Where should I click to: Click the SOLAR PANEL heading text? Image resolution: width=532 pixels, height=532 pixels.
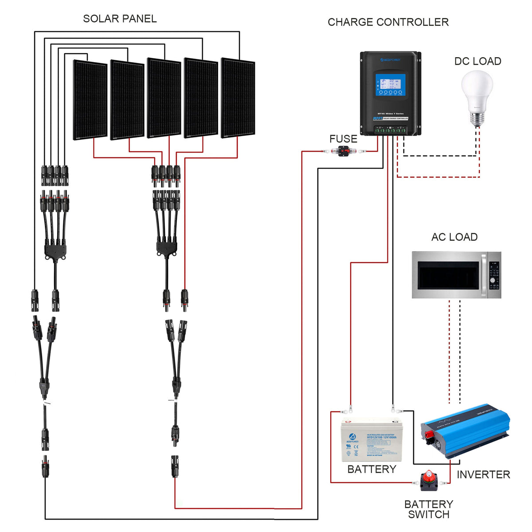[120, 19]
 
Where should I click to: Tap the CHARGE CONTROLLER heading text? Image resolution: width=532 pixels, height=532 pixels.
[388, 22]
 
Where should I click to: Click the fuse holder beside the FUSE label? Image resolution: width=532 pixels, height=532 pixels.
[344, 152]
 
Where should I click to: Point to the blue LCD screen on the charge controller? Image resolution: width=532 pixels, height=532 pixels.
[390, 85]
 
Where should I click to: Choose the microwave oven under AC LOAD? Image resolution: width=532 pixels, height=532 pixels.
[456, 275]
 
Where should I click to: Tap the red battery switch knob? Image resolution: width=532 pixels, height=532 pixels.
[429, 478]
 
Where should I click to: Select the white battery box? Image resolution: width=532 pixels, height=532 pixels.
[372, 440]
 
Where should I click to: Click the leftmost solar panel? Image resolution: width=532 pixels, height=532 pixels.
[90, 100]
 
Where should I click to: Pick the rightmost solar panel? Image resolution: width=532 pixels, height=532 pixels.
[238, 98]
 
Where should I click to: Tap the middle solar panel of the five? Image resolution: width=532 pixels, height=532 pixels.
[164, 98]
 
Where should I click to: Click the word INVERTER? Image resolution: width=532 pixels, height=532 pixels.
[483, 474]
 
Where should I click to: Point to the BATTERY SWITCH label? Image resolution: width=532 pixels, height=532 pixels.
[429, 509]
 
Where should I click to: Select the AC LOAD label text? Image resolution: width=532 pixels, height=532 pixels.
[454, 237]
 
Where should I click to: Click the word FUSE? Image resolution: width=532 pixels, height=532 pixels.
[343, 139]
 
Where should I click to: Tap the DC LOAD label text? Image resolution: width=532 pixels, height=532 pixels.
[477, 61]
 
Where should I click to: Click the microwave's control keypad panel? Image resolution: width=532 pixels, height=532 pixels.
[494, 275]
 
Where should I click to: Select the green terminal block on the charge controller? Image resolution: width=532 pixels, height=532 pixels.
[390, 130]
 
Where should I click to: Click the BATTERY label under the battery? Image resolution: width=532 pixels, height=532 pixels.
[372, 469]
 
